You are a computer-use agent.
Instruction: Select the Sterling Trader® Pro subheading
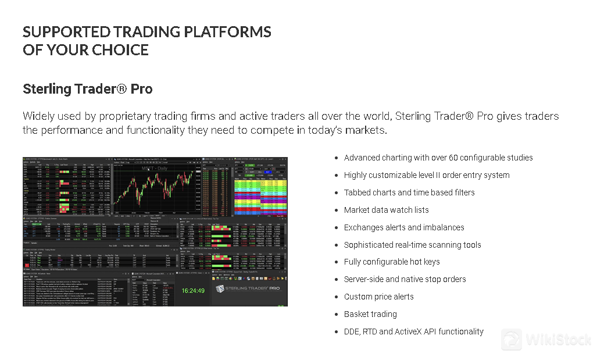(88, 89)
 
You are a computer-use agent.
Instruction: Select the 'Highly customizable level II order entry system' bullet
(426, 175)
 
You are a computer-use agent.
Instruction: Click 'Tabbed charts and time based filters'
(409, 193)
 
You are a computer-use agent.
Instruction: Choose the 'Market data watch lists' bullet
(386, 210)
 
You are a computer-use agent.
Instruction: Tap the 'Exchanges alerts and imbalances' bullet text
(403, 227)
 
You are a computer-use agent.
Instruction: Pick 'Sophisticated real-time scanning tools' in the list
(412, 245)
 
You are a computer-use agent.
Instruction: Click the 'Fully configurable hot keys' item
(391, 262)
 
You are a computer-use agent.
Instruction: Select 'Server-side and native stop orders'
(405, 279)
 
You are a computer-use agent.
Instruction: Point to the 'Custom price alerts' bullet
(378, 297)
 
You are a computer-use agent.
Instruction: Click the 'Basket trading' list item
(370, 314)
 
